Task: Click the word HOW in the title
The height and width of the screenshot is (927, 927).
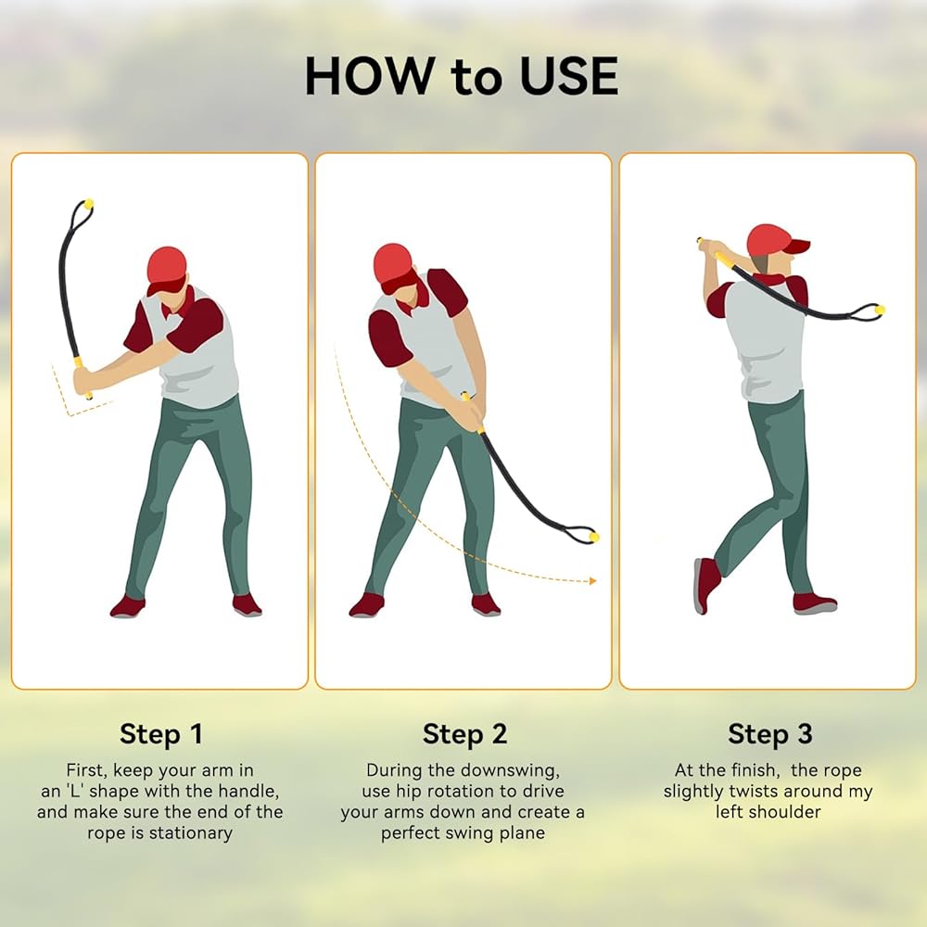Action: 369,76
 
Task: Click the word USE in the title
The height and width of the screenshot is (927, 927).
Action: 569,76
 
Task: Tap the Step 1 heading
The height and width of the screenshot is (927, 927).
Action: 160,733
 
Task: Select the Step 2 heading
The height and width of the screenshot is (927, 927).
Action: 464,733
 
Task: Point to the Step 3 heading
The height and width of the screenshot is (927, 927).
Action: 769,733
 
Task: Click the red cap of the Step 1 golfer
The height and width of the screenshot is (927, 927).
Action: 167,269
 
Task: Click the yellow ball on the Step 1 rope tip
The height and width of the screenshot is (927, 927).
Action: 89,204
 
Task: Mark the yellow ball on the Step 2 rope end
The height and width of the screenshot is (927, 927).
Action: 593,537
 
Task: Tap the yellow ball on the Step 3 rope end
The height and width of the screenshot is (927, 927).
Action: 880,310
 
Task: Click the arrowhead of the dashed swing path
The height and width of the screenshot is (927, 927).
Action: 593,581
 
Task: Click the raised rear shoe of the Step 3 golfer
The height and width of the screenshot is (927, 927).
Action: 706,584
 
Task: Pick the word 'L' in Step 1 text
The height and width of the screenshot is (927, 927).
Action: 75,791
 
